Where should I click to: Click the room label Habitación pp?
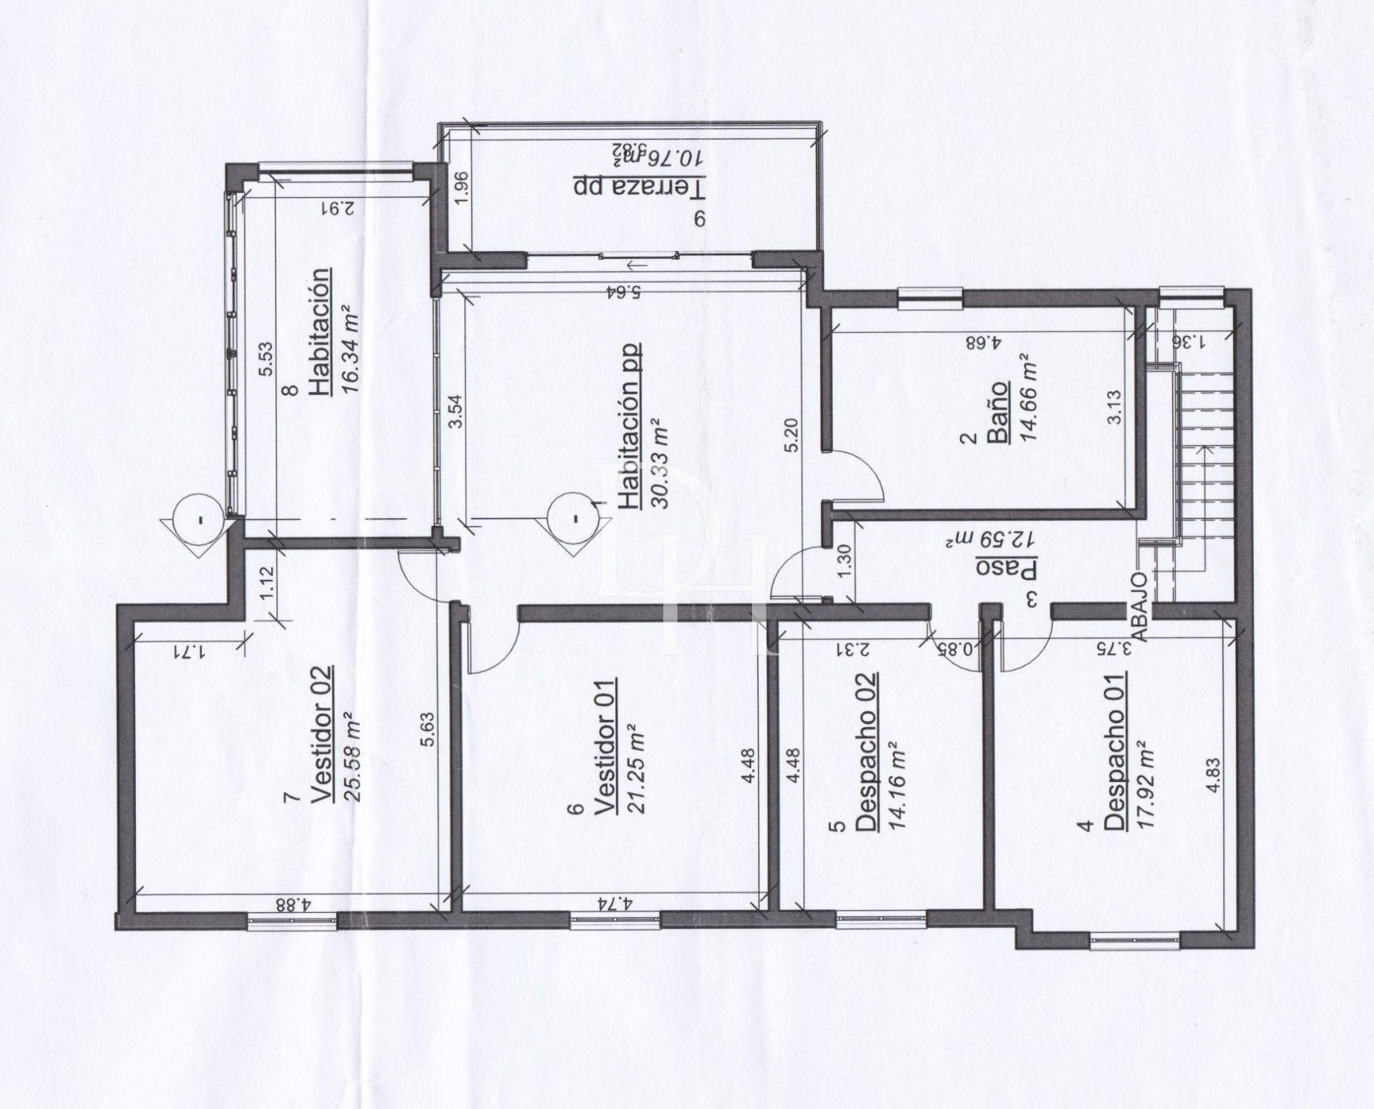[629, 426]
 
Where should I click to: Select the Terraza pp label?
[639, 186]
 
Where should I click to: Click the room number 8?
[292, 391]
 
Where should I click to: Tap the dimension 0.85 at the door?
[961, 650]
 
